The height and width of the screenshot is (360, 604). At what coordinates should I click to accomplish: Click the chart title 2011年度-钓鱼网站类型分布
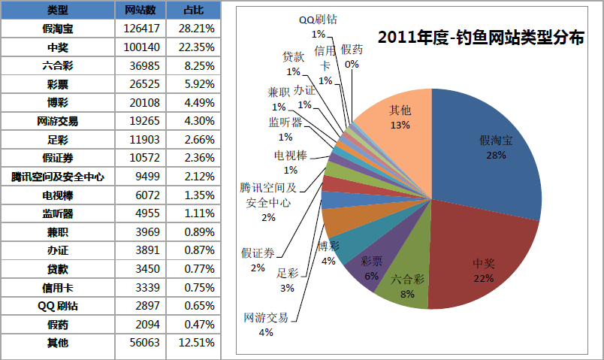(481, 38)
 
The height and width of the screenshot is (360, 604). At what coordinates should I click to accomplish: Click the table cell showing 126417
(140, 29)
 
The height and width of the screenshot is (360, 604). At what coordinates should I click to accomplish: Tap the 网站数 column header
(140, 10)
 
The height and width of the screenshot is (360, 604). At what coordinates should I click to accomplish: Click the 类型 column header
(58, 10)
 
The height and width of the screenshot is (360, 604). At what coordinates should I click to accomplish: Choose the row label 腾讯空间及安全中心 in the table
(58, 177)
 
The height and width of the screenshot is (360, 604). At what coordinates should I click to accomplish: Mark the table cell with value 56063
(140, 343)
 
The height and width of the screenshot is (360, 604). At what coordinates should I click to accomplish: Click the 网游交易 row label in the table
(58, 121)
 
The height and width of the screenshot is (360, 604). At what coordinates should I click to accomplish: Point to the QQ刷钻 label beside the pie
(318, 20)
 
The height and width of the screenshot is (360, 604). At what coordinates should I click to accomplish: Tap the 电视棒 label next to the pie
(291, 157)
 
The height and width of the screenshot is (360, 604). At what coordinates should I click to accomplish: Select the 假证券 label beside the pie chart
(258, 253)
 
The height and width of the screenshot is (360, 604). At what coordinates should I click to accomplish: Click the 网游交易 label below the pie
(265, 317)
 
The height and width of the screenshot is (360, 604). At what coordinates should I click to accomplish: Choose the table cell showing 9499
(140, 177)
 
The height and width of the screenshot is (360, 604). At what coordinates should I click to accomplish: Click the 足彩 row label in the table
(58, 139)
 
